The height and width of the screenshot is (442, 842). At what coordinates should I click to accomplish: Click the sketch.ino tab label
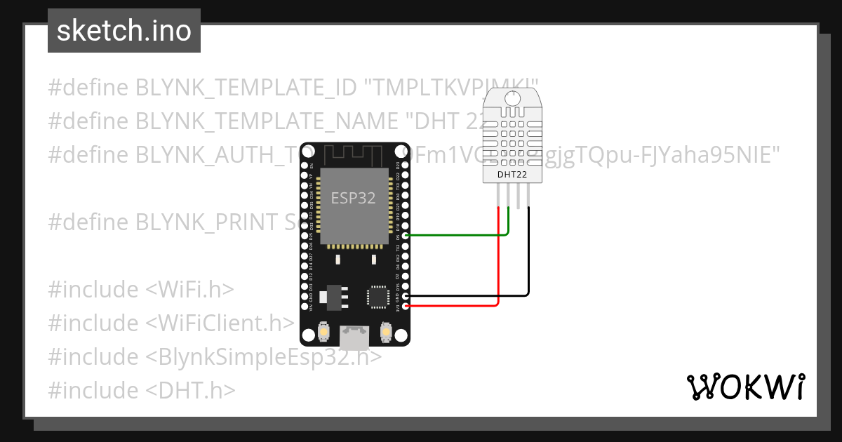pyautogui.click(x=123, y=31)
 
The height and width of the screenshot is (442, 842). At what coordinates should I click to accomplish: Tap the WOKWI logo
pyautogui.click(x=744, y=387)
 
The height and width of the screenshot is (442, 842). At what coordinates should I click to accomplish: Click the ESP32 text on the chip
pyautogui.click(x=354, y=199)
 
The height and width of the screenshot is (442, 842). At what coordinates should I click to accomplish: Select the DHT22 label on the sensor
pyautogui.click(x=512, y=174)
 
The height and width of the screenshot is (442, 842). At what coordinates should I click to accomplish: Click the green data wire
pyautogui.click(x=456, y=236)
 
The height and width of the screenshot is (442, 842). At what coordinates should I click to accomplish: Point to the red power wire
pyautogui.click(x=456, y=306)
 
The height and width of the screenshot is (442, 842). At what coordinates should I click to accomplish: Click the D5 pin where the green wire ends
pyautogui.click(x=406, y=236)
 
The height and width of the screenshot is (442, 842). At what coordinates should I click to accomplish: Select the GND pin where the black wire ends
pyautogui.click(x=406, y=296)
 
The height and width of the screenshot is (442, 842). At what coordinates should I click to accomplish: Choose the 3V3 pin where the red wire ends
pyautogui.click(x=406, y=306)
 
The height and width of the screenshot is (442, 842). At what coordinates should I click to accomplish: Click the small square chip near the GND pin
pyautogui.click(x=377, y=296)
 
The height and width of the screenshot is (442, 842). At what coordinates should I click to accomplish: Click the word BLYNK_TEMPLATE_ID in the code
pyautogui.click(x=246, y=87)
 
